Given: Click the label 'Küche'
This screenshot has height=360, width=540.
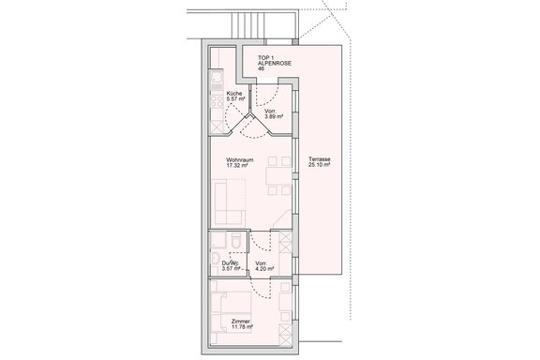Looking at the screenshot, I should point(233,94).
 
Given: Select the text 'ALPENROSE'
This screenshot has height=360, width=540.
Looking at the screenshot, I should point(274,63).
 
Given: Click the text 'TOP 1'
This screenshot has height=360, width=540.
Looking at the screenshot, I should point(266,56).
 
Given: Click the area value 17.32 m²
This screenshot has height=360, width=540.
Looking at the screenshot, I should point(241,166).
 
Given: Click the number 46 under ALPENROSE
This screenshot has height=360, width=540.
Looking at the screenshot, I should point(262,69).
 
